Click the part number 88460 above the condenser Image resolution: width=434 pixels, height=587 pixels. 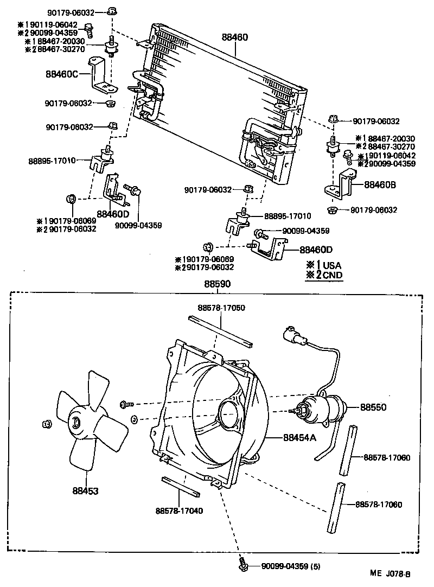point(234,37)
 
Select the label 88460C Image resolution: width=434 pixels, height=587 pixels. point(61,72)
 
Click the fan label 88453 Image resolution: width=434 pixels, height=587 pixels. point(85,490)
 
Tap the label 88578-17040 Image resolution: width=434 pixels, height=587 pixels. point(179,510)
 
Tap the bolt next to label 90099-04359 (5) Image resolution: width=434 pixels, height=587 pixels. point(244,566)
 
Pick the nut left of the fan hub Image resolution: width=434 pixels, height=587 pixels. point(47,423)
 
